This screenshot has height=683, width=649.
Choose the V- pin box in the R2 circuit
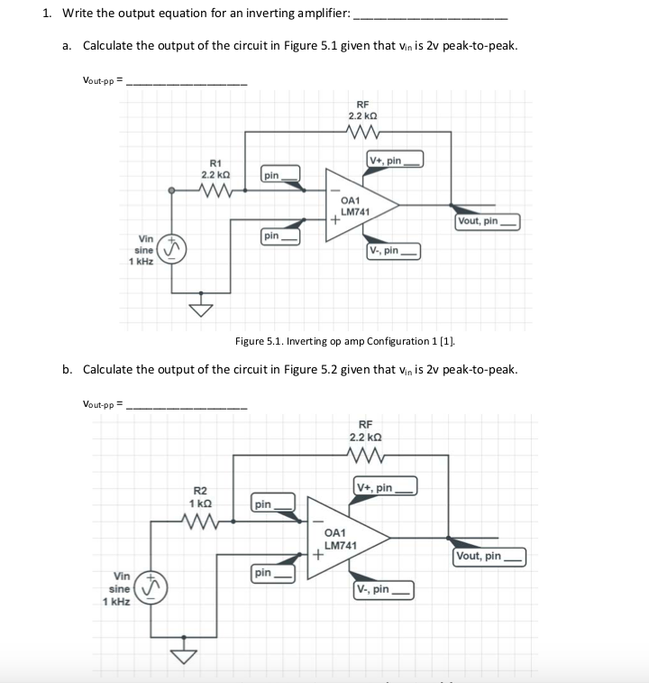[x=384, y=590]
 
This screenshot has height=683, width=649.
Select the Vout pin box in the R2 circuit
[x=488, y=557]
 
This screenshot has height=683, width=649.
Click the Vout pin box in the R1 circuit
[x=488, y=221]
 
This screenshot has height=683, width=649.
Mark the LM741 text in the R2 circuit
[x=341, y=546]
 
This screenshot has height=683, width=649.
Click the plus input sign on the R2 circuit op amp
[x=316, y=557]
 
